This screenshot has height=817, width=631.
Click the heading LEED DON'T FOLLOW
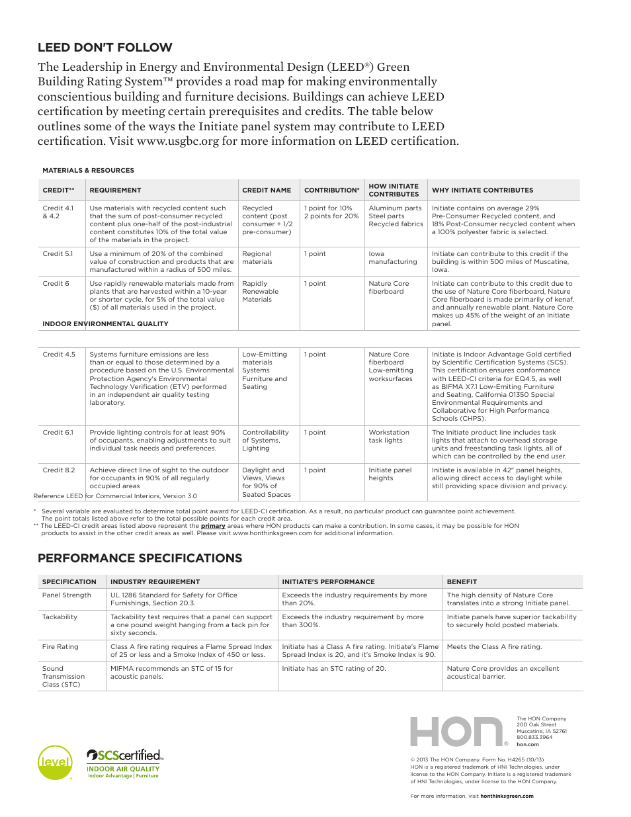tap(105, 48)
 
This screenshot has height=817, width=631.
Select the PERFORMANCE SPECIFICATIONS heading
tap(140, 558)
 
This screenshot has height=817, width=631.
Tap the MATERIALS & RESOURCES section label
tap(88, 171)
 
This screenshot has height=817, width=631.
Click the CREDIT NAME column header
tap(267, 191)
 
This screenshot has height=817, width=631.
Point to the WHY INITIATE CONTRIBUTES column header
tap(482, 191)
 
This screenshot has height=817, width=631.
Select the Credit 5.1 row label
tap(58, 254)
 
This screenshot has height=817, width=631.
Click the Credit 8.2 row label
tap(59, 470)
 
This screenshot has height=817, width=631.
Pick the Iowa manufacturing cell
tap(392, 258)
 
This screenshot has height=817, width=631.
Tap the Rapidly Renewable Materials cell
tap(260, 292)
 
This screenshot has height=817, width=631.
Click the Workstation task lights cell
tap(389, 437)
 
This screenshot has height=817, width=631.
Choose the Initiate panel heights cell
tap(390, 474)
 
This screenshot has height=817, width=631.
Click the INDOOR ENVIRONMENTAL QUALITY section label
tap(105, 324)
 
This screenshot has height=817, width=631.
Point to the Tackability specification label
tap(60, 617)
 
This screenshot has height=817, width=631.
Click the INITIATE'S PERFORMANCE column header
tap(328, 582)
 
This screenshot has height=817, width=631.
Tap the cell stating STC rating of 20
tap(333, 669)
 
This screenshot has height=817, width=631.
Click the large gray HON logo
tap(456, 732)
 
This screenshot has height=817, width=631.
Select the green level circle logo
tap(55, 762)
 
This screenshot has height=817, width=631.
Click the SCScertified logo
tap(124, 755)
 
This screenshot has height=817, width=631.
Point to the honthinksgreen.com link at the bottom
tap(507, 796)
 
